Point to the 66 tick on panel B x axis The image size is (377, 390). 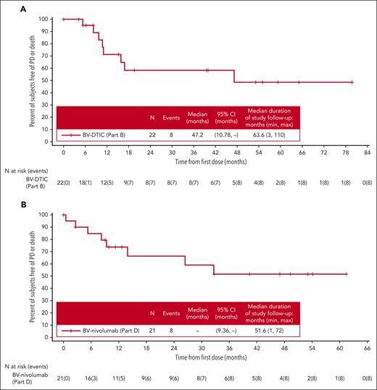pyautogui.click(x=367, y=350)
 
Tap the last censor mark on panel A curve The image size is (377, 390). pyautogui.click(x=352, y=82)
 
